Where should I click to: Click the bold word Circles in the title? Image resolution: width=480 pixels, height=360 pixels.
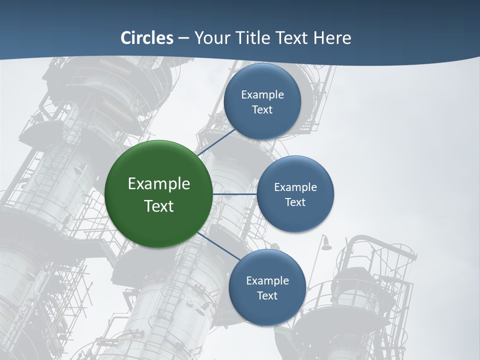[147, 38]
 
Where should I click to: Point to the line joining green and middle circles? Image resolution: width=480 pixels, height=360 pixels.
[234, 194]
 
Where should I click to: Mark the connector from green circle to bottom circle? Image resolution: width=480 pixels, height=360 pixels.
[218, 246]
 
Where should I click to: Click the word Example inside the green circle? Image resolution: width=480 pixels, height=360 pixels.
[159, 184]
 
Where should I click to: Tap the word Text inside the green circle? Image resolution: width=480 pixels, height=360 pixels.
[159, 206]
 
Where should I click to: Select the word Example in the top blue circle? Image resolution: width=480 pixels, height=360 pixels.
[262, 95]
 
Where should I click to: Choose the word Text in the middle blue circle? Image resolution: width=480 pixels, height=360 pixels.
[295, 202]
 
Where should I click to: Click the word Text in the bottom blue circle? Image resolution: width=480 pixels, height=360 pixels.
[267, 295]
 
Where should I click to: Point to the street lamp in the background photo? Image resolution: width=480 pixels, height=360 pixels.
[326, 243]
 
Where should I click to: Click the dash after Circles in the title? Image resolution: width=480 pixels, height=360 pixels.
[183, 38]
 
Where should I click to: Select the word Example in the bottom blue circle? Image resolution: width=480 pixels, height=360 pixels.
[267, 280]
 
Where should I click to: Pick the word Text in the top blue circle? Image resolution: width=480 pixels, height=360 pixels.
[262, 109]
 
